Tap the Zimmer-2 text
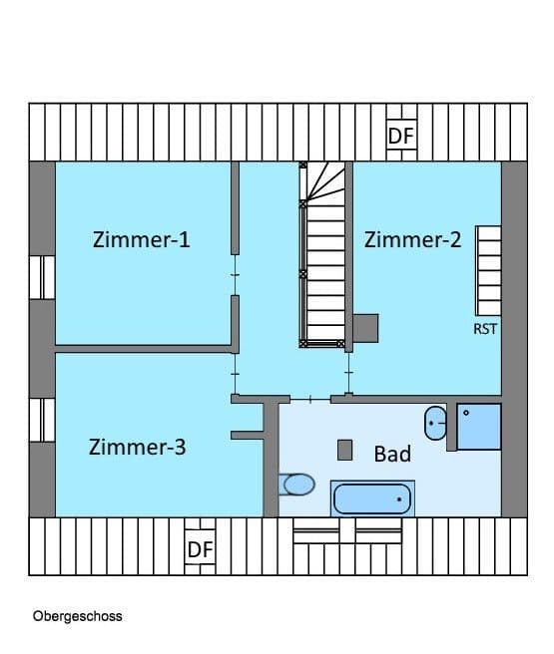pyautogui.click(x=412, y=239)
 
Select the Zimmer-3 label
pyautogui.click(x=137, y=447)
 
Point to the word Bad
pyautogui.click(x=392, y=455)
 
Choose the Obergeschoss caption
pyautogui.click(x=77, y=616)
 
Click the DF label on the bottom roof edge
pyautogui.click(x=200, y=549)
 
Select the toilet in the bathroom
pyautogui.click(x=297, y=485)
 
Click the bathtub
pyautogui.click(x=371, y=498)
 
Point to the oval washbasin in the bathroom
pyautogui.click(x=435, y=423)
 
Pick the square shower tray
pyautogui.click(x=479, y=427)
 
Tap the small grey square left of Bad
pyautogui.click(x=345, y=450)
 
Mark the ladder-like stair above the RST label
pyautogui.click(x=488, y=269)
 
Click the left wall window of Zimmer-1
pyautogui.click(x=42, y=277)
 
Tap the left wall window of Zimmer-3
pyautogui.click(x=42, y=420)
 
